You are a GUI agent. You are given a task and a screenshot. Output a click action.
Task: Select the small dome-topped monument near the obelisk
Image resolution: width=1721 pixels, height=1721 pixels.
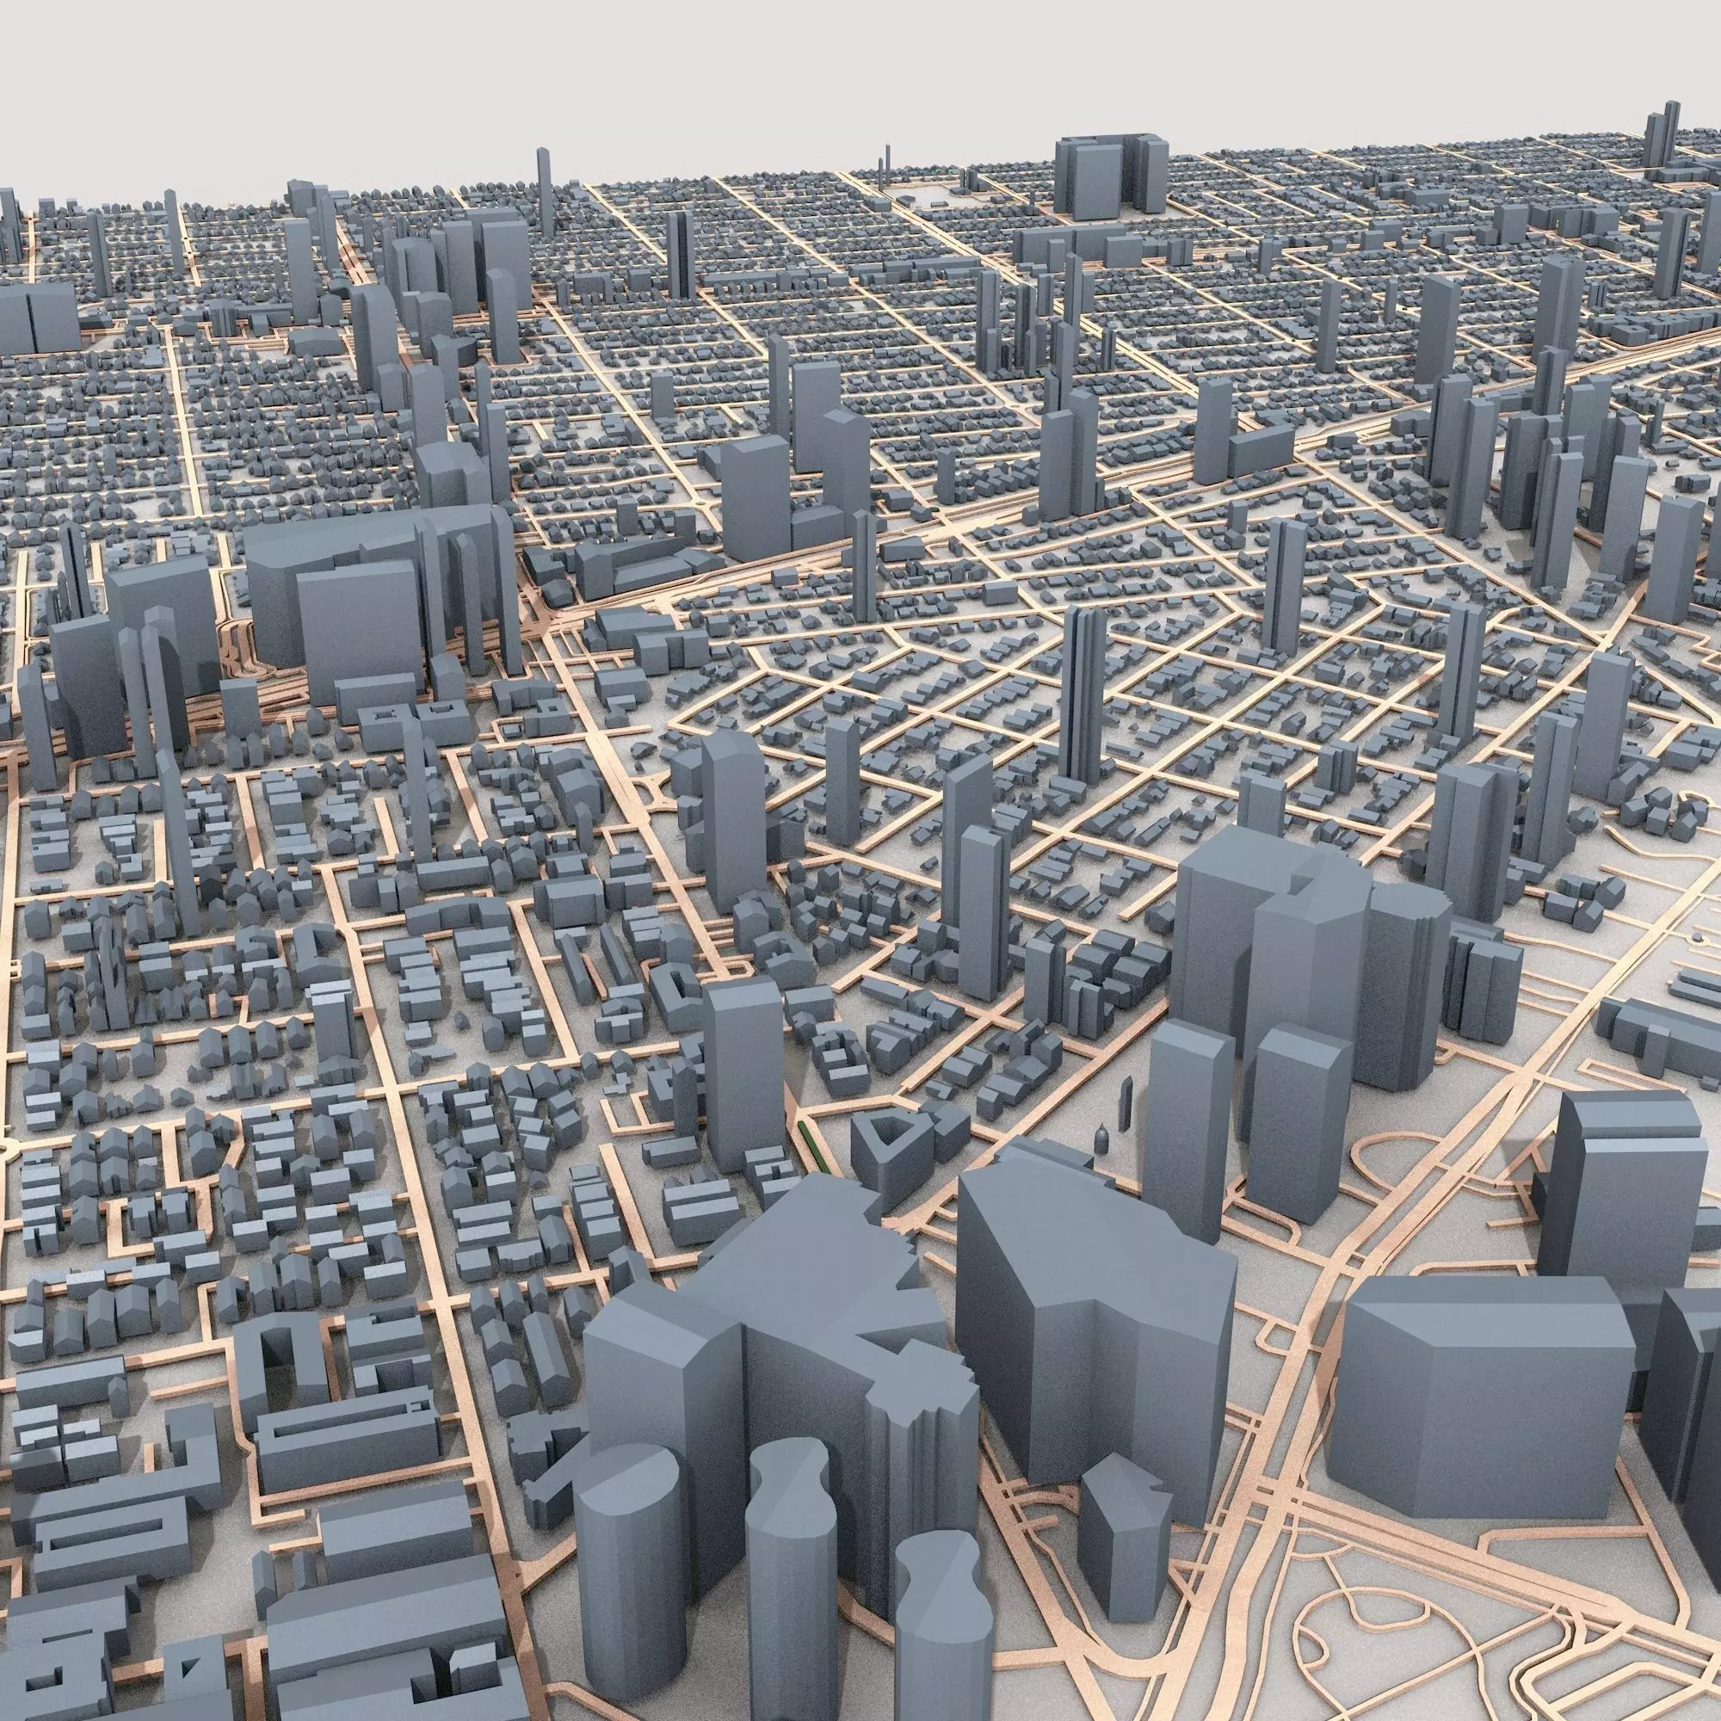click(1103, 1138)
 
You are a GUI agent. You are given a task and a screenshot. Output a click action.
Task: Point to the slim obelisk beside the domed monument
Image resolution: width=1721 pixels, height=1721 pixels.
click(1128, 1105)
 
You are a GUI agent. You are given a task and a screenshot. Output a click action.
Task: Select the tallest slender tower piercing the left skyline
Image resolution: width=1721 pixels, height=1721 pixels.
click(543, 192)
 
